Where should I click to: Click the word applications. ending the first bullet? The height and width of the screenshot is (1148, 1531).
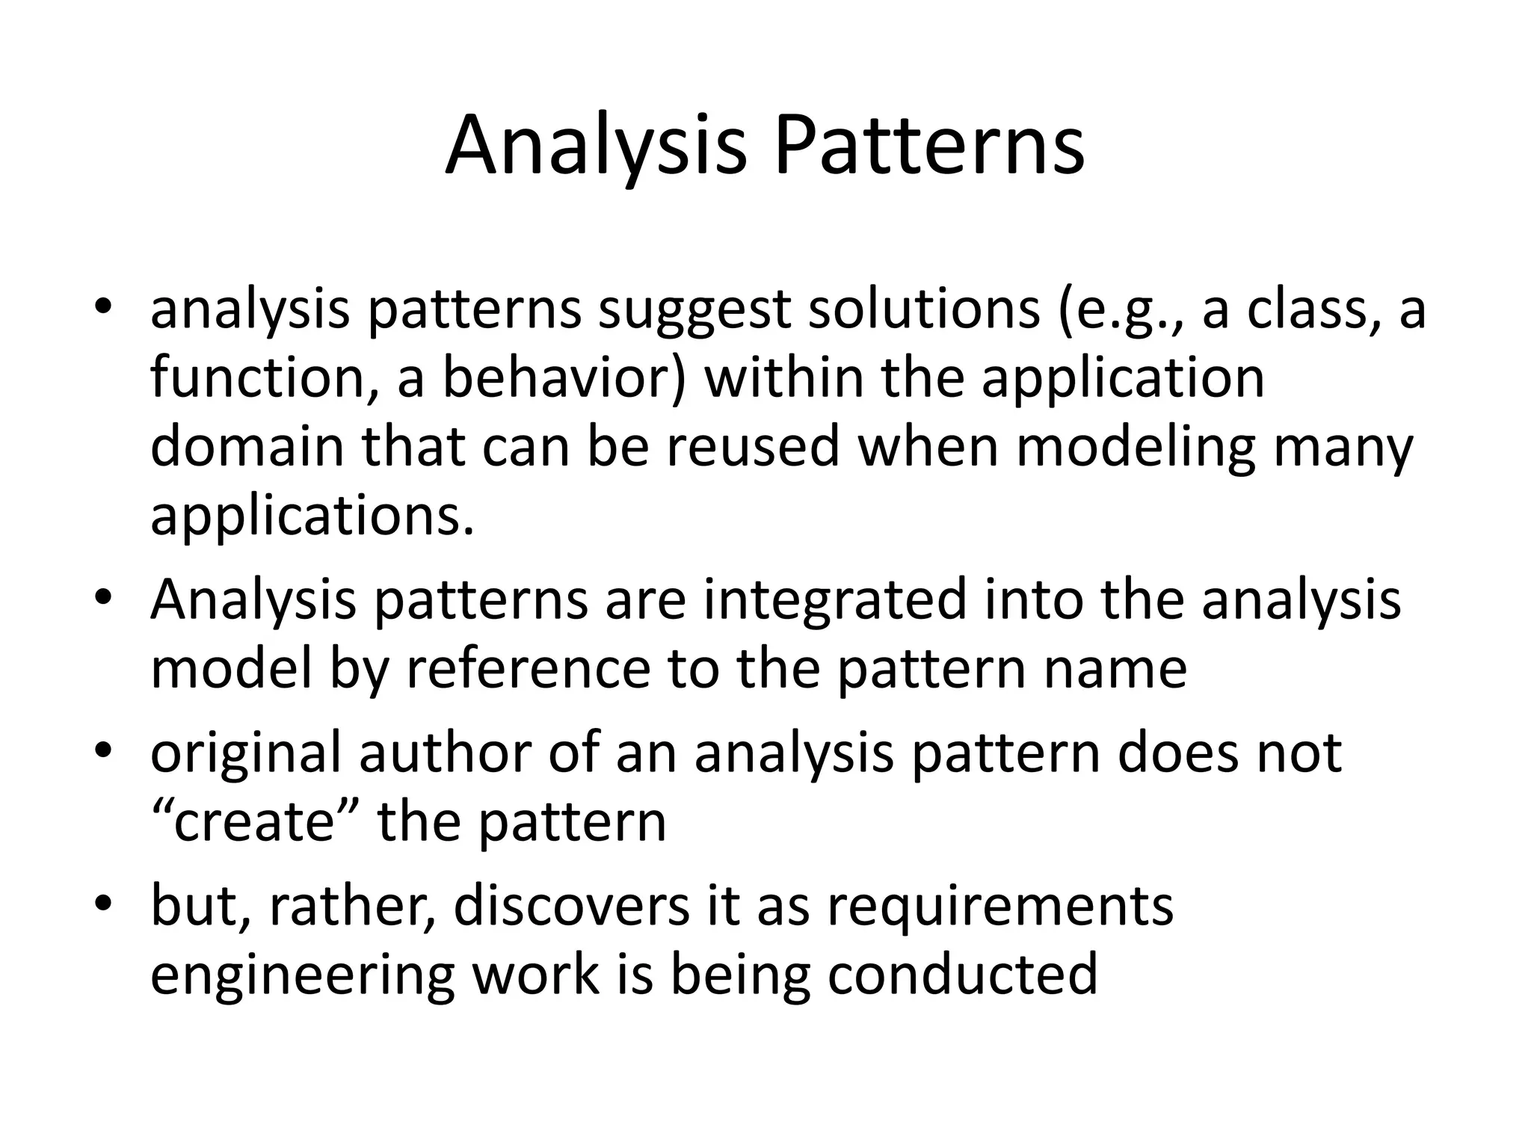coord(312,516)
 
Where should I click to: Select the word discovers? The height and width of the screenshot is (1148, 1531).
coord(570,906)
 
